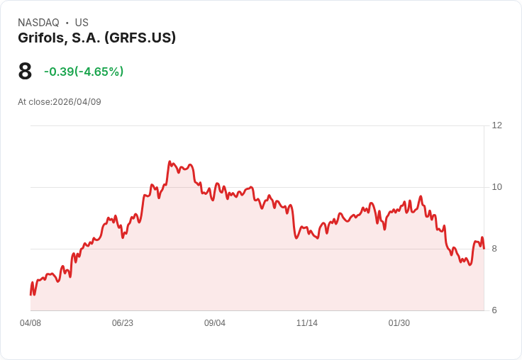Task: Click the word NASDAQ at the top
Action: click(38, 23)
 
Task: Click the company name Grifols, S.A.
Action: click(60, 38)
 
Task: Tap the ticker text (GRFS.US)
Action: click(140, 38)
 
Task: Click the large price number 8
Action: click(25, 72)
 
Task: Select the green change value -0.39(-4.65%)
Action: click(84, 72)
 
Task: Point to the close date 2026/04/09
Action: click(77, 102)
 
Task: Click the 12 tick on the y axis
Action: click(496, 125)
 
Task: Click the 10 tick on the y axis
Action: click(496, 187)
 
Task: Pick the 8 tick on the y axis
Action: click(494, 249)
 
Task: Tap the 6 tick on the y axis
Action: click(494, 310)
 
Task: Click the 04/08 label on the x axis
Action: click(30, 323)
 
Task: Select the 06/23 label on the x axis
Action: click(123, 323)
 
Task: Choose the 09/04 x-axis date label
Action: click(215, 323)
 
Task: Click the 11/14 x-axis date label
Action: click(307, 323)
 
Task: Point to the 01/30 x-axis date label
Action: click(399, 323)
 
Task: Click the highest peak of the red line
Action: click(170, 162)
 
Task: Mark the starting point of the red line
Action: click(30, 294)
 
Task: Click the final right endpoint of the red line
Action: click(484, 248)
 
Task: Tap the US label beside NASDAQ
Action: click(82, 23)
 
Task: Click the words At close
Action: click(34, 102)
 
